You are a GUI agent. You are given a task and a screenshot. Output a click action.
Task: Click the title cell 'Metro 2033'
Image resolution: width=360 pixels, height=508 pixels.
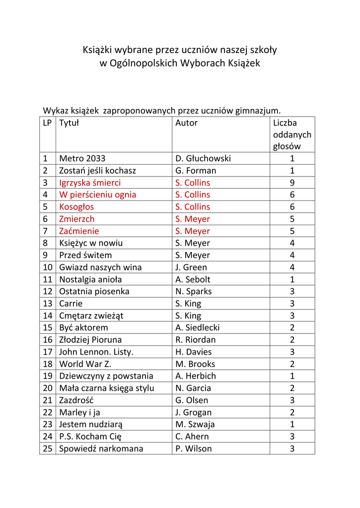(x=82, y=159)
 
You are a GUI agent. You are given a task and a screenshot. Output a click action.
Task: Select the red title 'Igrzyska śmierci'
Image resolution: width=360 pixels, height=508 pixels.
(x=90, y=183)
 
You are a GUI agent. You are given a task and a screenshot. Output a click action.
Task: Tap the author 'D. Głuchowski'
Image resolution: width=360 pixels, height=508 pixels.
(x=203, y=159)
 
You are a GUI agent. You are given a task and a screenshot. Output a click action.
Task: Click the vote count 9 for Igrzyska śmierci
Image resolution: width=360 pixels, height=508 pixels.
(x=292, y=183)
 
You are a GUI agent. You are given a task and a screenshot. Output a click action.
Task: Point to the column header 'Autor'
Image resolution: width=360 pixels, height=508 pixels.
(x=186, y=123)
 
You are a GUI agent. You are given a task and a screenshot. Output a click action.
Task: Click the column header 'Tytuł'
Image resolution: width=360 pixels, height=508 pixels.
(x=69, y=123)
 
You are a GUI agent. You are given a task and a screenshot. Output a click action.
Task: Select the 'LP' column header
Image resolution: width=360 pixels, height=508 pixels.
(x=48, y=123)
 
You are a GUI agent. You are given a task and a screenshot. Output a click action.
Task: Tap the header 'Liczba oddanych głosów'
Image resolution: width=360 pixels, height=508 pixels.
(x=292, y=134)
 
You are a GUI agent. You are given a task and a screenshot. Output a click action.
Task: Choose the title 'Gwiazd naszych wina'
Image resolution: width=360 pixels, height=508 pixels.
(x=100, y=267)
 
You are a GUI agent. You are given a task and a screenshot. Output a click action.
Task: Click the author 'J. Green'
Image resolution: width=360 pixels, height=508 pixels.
(x=191, y=267)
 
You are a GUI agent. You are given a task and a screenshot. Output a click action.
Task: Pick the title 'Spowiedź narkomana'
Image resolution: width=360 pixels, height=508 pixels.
(x=101, y=448)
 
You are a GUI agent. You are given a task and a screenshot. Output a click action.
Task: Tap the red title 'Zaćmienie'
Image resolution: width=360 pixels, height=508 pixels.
(x=79, y=231)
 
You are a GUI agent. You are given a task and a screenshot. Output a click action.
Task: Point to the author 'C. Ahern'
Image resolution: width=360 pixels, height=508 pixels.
(x=192, y=437)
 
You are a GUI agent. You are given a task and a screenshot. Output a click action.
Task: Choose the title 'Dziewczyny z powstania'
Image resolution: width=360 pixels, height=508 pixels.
(x=106, y=376)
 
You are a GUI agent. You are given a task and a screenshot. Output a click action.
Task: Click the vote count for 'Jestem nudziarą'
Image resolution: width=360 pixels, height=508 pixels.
(x=292, y=424)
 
